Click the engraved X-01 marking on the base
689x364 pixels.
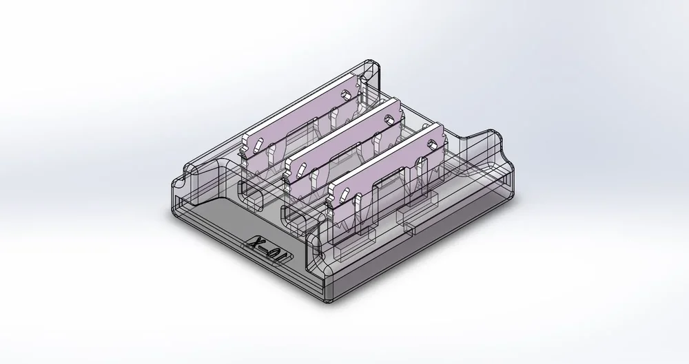coord(269,252)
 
